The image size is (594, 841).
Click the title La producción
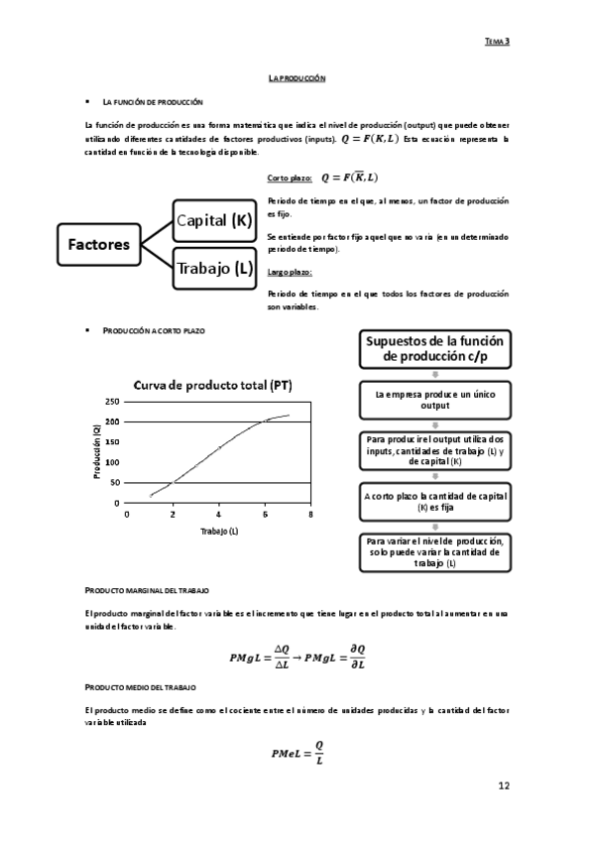pos(297,77)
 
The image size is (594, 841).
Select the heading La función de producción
pos(153,102)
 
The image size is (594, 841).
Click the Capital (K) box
pos(214,221)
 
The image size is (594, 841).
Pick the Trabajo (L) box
pos(214,267)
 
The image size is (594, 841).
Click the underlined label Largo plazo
pos(290,271)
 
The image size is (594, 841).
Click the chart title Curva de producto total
pos(212,385)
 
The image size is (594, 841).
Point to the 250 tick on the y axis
pos(111,402)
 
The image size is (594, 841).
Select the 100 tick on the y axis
pos(111,462)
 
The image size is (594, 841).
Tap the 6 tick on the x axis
pos(265,516)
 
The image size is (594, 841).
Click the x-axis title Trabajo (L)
pos(219,532)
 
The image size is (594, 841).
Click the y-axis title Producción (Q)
pos(96,451)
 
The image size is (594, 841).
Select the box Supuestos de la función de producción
pos(436,349)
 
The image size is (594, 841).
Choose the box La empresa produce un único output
pos(436,400)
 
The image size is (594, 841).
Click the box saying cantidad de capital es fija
pos(436,501)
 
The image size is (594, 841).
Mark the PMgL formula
pos(297,656)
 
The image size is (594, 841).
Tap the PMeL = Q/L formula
pos(297,753)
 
